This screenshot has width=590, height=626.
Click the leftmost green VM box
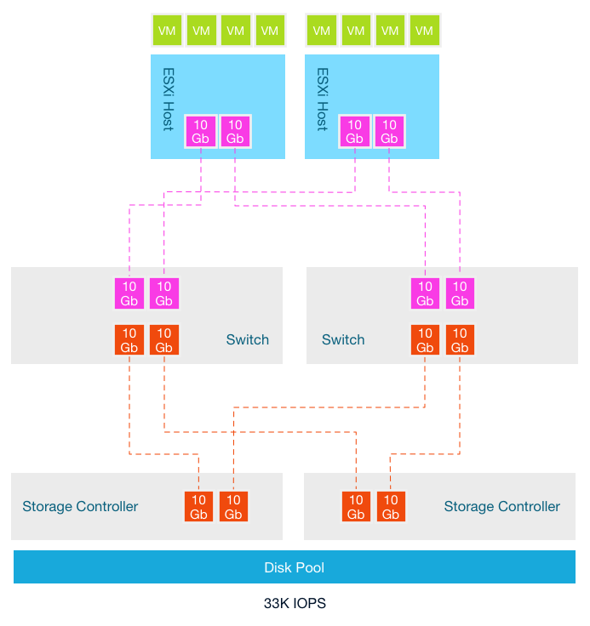166,31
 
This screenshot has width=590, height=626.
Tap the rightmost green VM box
424,31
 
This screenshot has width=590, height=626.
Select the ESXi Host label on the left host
168,100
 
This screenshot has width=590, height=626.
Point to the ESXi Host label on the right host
322,100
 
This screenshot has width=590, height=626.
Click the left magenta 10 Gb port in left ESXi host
200,132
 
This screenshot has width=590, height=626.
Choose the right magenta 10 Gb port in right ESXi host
389,132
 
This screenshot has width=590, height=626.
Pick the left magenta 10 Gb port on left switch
129,293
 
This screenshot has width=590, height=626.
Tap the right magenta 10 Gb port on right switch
460,293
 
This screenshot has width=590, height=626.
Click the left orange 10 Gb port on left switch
129,340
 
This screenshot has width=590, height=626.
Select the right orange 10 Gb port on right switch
460,340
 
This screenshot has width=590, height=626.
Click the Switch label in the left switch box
247,340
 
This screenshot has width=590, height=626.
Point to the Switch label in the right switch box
343,340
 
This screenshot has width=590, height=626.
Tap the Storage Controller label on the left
80,507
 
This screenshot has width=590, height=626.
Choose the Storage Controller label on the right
501,507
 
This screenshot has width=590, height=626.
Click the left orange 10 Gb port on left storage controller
198,507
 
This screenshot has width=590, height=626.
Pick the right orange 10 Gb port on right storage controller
391,507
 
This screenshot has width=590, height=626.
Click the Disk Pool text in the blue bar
294,567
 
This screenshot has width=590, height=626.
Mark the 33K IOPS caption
295,604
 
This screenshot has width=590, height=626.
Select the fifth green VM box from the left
320,31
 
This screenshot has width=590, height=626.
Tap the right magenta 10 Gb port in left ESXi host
234,132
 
